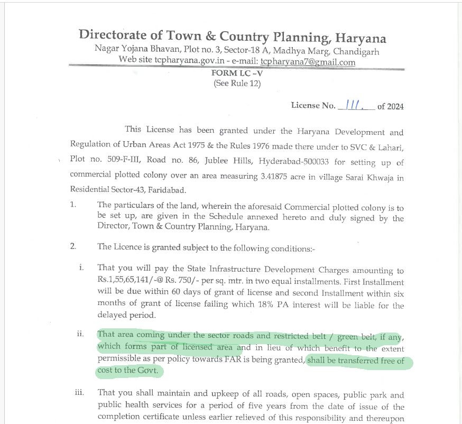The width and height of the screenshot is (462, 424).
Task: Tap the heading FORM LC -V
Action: pos(237,73)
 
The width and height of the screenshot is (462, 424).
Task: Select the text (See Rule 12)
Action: pos(237,84)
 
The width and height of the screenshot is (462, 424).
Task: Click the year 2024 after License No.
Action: pos(395,106)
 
